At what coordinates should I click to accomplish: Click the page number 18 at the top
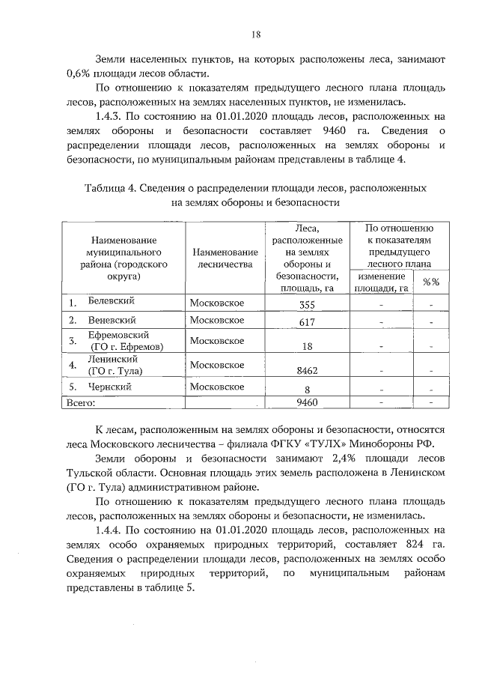(x=256, y=34)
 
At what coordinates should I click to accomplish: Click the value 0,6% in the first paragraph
(x=79, y=73)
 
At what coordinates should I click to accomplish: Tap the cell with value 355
(x=307, y=304)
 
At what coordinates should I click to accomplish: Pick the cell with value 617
(x=308, y=322)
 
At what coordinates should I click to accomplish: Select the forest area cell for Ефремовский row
(x=308, y=346)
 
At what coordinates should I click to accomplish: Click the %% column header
(x=430, y=282)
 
